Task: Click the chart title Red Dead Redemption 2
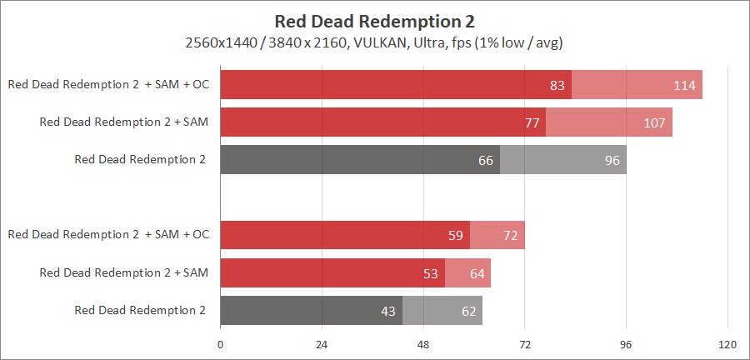(374, 20)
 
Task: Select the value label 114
(687, 85)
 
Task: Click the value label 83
(557, 85)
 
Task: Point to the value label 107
(654, 122)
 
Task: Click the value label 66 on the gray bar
(486, 160)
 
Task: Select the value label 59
(456, 235)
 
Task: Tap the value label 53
(431, 272)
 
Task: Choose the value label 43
(388, 311)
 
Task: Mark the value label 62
(468, 311)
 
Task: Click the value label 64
(477, 272)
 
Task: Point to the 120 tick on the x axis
(727, 344)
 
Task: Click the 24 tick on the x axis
(322, 344)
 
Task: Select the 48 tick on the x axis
(423, 344)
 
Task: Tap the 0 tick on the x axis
(220, 344)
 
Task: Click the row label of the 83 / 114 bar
(108, 84)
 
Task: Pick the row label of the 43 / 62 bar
(140, 310)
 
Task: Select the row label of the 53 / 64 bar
(124, 272)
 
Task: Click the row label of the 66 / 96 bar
(140, 159)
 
